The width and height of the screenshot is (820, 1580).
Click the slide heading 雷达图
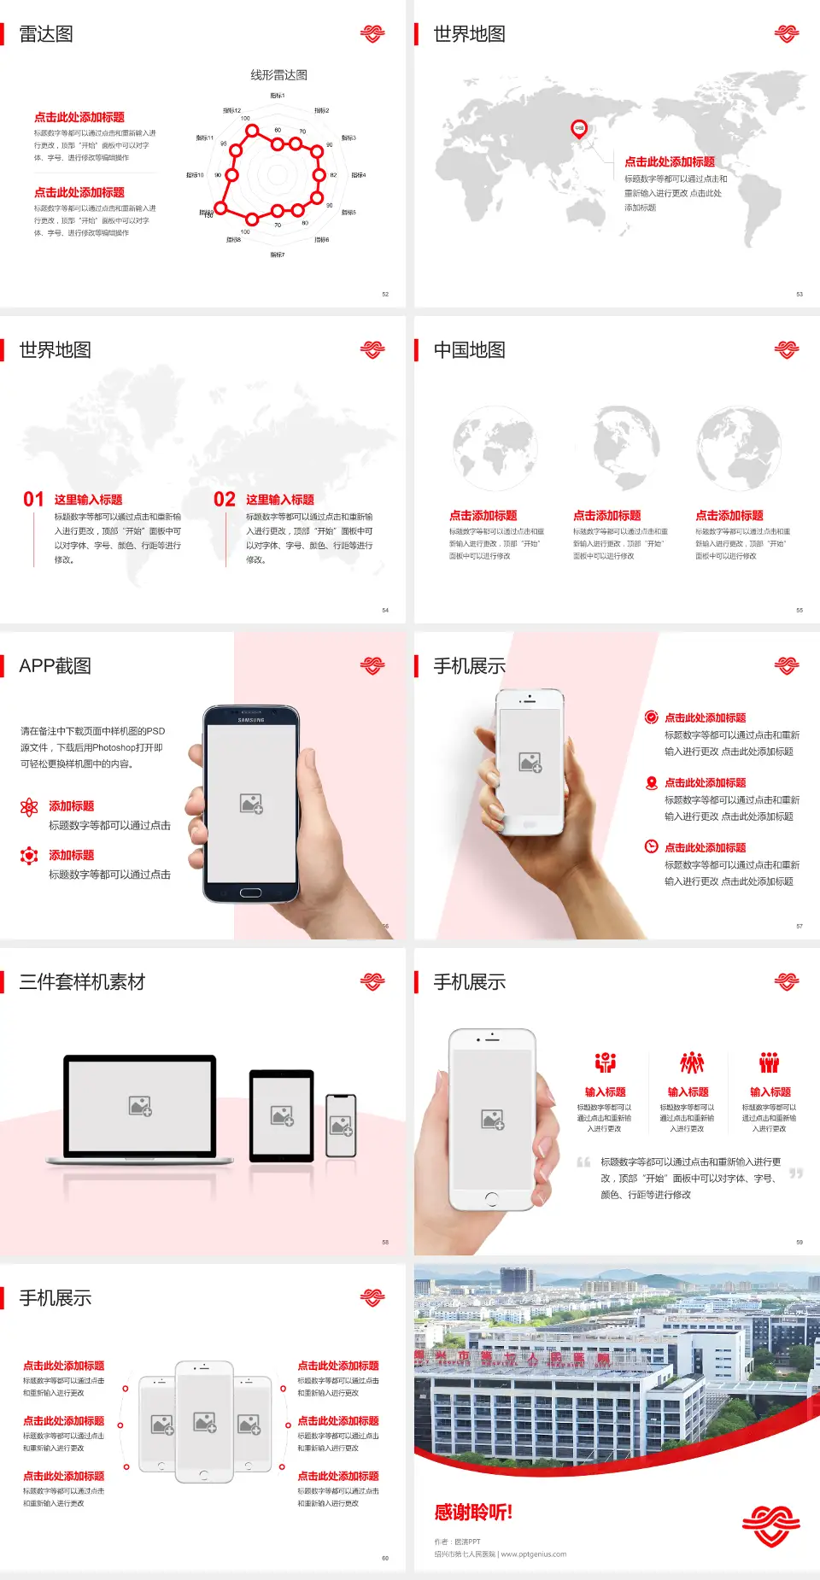pos(46,34)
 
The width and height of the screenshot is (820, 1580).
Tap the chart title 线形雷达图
pos(278,75)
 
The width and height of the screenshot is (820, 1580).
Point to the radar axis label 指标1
pos(278,96)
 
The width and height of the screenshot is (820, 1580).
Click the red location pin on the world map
pos(579,129)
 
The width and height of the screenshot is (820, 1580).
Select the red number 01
pos(33,500)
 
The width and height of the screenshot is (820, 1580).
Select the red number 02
pos(225,500)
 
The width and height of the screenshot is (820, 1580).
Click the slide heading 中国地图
pos(469,350)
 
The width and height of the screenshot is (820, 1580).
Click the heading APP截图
pos(55,666)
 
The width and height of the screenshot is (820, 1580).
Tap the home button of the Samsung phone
pos(250,892)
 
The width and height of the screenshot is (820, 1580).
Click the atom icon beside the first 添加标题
pos(29,807)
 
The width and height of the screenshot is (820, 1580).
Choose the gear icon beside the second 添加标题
pos(29,856)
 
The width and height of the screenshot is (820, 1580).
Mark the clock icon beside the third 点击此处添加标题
pos(651,846)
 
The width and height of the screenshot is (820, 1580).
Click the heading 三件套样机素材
pos(82,982)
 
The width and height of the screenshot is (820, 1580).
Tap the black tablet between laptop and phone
pos(282,1115)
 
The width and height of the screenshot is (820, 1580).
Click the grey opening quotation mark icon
pos(583,1162)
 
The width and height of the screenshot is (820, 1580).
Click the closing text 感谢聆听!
pos(473,1513)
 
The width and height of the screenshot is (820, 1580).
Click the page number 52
pos(385,294)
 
